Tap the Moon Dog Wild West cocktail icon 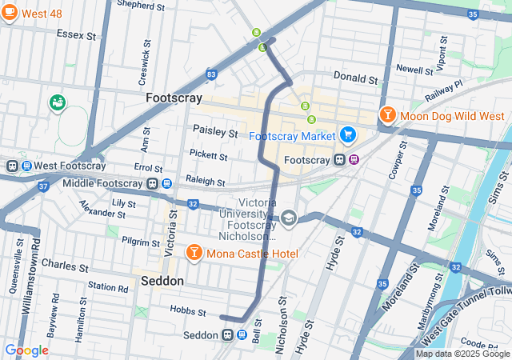[387, 116]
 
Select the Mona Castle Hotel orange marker [193, 254]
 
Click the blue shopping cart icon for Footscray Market [346, 135]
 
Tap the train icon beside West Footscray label [12, 166]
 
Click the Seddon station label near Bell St [200, 335]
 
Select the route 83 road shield [210, 74]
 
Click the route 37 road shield [43, 187]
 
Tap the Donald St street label [355, 79]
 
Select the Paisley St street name [215, 130]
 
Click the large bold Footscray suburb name [173, 98]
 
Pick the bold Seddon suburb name [162, 282]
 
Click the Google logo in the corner [26, 350]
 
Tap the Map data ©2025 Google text [462, 354]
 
